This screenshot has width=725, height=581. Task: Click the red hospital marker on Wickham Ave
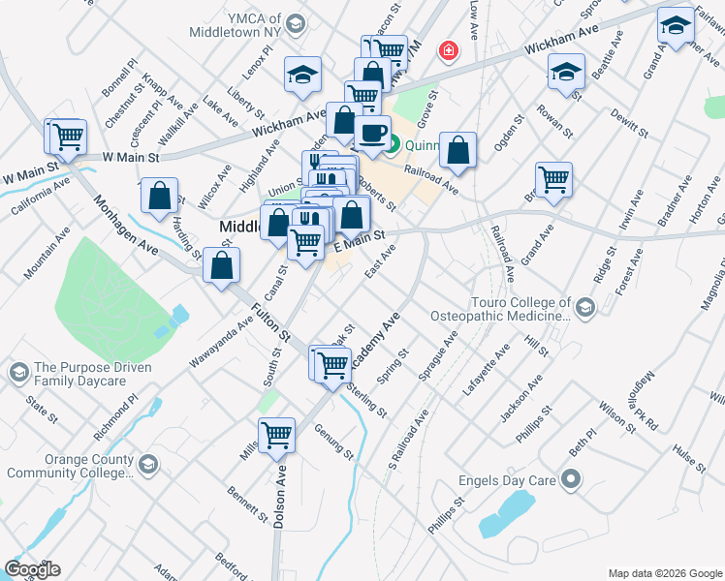click(448, 49)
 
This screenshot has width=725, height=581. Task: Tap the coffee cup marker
click(372, 133)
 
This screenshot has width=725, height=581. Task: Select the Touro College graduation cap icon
click(584, 308)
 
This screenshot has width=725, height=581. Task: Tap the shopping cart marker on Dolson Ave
click(277, 435)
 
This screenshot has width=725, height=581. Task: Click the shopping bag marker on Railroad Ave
click(458, 150)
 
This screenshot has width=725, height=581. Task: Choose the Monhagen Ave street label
click(125, 226)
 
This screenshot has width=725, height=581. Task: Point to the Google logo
click(32, 569)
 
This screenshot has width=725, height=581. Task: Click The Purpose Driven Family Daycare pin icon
click(18, 373)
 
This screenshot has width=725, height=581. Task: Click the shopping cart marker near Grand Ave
click(553, 178)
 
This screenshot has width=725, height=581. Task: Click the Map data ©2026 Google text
click(664, 572)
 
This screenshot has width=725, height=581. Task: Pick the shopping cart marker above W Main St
click(68, 137)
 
